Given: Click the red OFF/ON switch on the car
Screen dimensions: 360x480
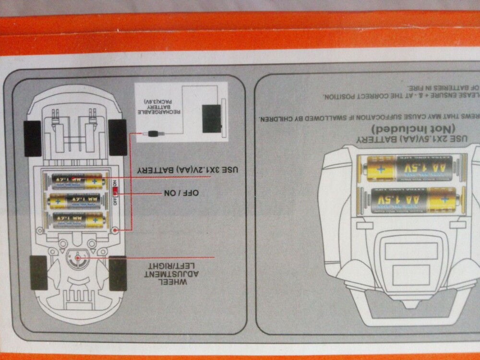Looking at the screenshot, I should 115,192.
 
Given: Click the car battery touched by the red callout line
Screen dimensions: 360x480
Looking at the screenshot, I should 77,181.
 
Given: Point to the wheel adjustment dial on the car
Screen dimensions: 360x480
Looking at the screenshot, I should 77,258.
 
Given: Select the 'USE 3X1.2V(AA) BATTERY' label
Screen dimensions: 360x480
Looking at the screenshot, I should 188,170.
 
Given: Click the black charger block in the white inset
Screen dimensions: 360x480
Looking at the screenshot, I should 211,118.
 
